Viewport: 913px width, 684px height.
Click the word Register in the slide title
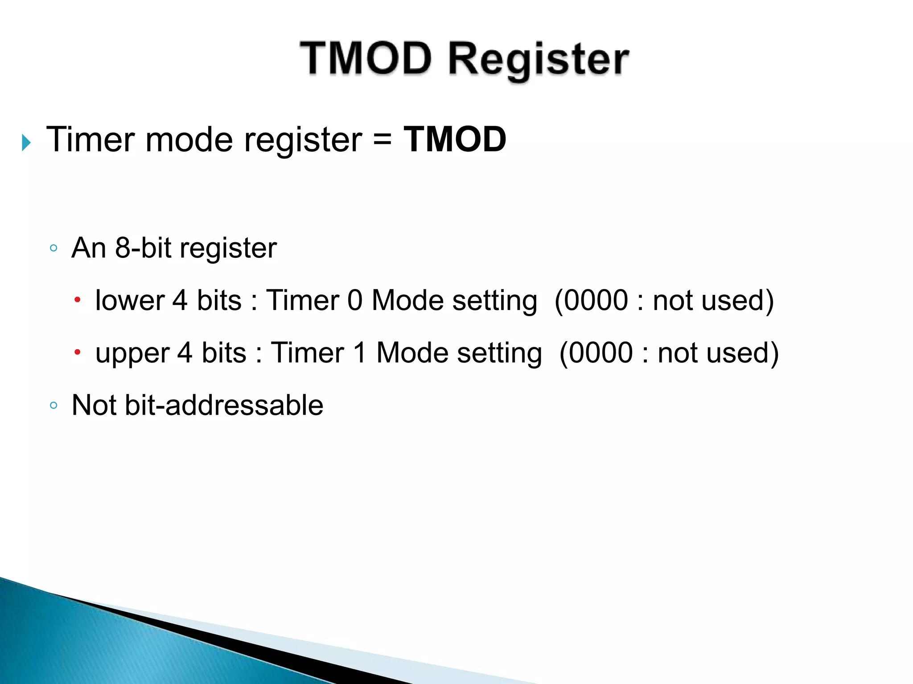click(x=539, y=61)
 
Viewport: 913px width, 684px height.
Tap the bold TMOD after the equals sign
click(x=455, y=140)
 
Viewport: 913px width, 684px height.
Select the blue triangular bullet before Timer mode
click(x=26, y=143)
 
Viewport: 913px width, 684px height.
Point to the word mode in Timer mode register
click(x=189, y=140)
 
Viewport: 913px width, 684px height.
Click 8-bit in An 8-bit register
click(x=143, y=248)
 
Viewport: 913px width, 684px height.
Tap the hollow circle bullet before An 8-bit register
click(x=53, y=248)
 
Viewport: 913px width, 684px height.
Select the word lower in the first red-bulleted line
click(x=130, y=300)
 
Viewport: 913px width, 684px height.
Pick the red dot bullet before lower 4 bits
click(x=77, y=300)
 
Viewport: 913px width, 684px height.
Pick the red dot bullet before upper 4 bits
click(x=77, y=353)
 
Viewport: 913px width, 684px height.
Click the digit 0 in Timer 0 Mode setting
click(x=355, y=300)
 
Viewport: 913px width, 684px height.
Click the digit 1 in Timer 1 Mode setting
click(x=359, y=353)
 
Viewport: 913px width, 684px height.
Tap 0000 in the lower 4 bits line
click(x=597, y=300)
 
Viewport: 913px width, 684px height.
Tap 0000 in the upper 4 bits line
click(x=601, y=353)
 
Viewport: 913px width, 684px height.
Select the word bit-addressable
click(x=224, y=405)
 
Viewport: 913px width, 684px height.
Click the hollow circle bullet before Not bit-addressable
click(x=53, y=405)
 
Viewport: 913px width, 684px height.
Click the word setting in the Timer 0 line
click(x=495, y=301)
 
